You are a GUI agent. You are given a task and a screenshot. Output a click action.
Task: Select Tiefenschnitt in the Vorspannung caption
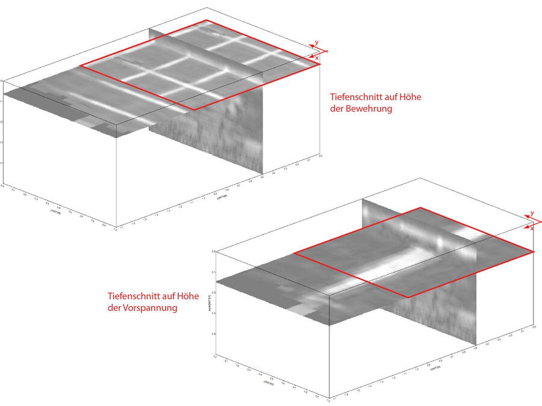[x=132, y=296]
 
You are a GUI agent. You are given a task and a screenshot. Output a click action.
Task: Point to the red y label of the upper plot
[x=316, y=42]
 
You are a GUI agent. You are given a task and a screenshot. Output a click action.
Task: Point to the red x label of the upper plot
[x=317, y=58]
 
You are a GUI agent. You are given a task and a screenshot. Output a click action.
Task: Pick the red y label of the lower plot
[x=532, y=214]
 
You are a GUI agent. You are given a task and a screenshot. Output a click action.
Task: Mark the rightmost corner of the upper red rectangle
[x=320, y=64]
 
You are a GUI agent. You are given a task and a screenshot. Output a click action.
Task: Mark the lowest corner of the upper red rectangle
[x=193, y=109]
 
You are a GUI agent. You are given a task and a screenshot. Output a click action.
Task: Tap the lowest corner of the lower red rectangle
[x=408, y=297]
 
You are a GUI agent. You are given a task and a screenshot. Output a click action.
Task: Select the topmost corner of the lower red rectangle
[x=420, y=208]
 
